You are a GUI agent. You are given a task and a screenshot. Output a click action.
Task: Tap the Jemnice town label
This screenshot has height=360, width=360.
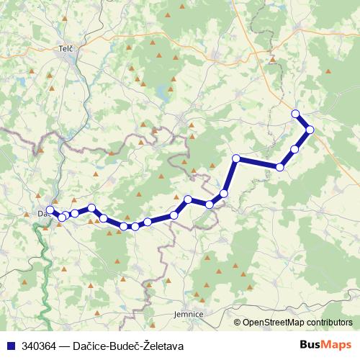(x=189, y=315)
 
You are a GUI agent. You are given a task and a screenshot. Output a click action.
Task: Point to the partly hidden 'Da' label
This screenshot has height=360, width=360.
(x=41, y=213)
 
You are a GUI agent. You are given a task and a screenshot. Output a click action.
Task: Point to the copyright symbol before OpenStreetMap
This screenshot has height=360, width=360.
(x=238, y=323)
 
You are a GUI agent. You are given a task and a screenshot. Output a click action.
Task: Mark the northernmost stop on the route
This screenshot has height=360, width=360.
(x=295, y=113)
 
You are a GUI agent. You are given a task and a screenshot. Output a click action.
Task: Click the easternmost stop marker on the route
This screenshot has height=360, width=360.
(x=310, y=130)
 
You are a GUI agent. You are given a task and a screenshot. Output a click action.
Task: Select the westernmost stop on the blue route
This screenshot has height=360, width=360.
(x=50, y=210)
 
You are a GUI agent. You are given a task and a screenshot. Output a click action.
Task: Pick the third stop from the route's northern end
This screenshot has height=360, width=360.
(x=294, y=149)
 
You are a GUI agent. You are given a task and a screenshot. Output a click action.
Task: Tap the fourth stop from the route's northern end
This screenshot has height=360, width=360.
(x=279, y=167)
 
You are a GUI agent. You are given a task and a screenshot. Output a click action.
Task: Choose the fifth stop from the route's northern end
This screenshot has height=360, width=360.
(x=235, y=158)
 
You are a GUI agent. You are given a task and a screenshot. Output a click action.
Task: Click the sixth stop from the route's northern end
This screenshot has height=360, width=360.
(x=225, y=193)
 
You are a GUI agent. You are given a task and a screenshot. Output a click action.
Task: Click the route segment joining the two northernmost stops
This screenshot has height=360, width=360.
(x=302, y=121)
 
